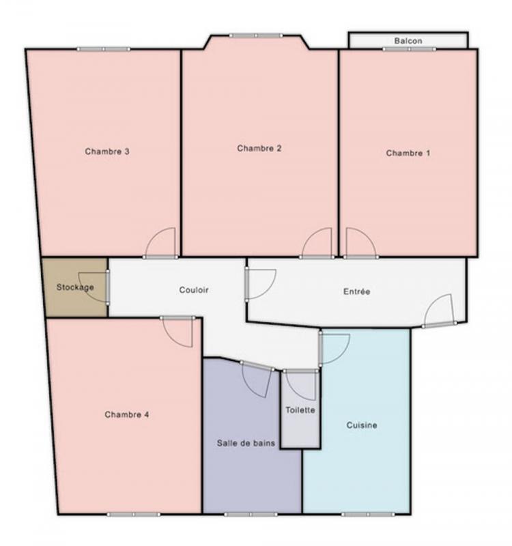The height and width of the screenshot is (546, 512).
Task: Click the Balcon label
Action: pyautogui.click(x=408, y=41)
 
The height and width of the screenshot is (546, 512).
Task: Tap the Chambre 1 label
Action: pyautogui.click(x=408, y=153)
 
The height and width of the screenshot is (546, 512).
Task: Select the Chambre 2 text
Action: pyautogui.click(x=259, y=148)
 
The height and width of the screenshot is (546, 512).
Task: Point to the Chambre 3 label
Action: pyautogui.click(x=107, y=151)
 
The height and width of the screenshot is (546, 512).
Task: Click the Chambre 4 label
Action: pyautogui.click(x=127, y=414)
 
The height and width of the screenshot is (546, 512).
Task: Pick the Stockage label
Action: pyautogui.click(x=75, y=287)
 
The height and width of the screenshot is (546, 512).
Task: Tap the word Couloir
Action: pyautogui.click(x=194, y=289)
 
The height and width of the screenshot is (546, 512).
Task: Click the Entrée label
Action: pyautogui.click(x=356, y=291)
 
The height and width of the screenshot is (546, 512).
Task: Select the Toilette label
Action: pyautogui.click(x=300, y=410)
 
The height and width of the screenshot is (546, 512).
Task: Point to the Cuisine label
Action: pyautogui.click(x=362, y=425)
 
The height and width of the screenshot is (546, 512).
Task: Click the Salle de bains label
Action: pyautogui.click(x=246, y=443)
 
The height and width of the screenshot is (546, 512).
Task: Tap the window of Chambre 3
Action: pyautogui.click(x=104, y=49)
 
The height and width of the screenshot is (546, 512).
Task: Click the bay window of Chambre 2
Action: pyautogui.click(x=256, y=35)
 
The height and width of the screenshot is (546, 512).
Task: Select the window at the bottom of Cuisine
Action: pyautogui.click(x=369, y=515)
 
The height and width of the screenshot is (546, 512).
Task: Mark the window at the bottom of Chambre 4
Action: pyautogui.click(x=133, y=515)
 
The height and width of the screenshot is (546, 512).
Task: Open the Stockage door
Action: pyautogui.click(x=108, y=287)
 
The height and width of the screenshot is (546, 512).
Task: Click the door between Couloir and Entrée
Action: pyautogui.click(x=246, y=284)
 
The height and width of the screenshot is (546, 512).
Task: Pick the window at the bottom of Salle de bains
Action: pyautogui.click(x=251, y=515)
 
